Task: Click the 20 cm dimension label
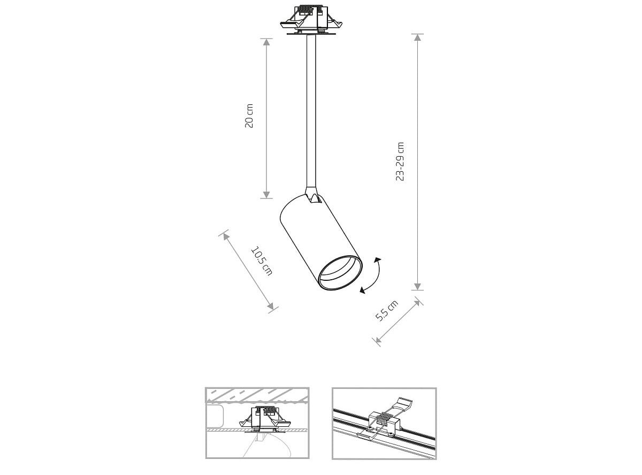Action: (249, 116)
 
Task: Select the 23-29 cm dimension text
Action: (400, 162)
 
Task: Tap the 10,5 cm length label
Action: (262, 261)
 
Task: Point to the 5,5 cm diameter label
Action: (387, 311)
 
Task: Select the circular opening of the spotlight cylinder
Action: (340, 272)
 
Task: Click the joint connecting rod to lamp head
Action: (312, 195)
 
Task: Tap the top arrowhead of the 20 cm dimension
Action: (266, 42)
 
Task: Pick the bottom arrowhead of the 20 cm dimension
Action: (266, 195)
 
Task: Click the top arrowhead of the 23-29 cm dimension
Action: (417, 37)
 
